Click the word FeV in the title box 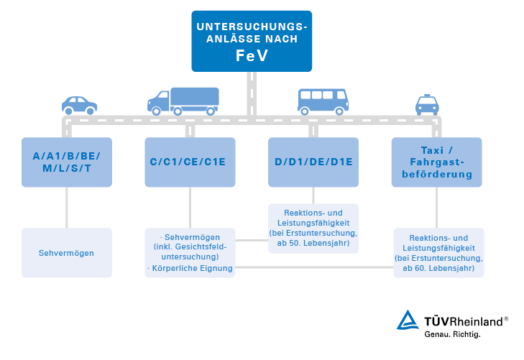point(252,56)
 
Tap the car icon point(79,105)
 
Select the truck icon point(183,101)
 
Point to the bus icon point(323,101)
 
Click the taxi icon point(427,105)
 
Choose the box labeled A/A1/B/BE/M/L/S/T point(67,162)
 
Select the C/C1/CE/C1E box point(190,162)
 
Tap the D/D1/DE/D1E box point(313,162)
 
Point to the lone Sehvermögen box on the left point(67,253)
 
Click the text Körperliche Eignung point(191,269)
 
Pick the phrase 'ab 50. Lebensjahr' point(313,244)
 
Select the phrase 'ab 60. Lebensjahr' point(438,268)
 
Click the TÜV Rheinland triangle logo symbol point(408,320)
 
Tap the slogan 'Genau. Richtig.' point(452,335)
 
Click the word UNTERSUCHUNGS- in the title point(252,27)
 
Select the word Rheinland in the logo point(475,320)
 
